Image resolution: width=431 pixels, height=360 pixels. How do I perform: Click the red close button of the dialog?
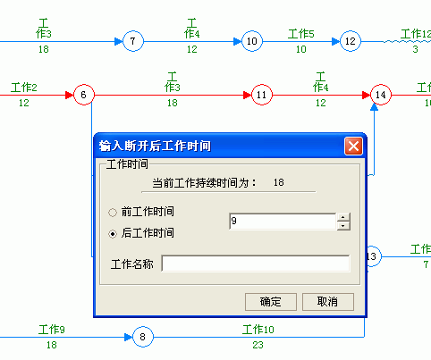[353, 146]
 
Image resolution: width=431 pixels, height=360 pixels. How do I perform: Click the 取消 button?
[328, 302]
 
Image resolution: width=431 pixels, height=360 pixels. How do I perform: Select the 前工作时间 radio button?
[113, 213]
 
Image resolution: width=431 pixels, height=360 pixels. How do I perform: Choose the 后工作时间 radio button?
[113, 234]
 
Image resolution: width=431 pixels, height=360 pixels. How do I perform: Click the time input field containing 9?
[283, 222]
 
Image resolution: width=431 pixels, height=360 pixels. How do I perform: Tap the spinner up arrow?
[343, 217]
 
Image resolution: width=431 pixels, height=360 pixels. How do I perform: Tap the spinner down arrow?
[343, 226]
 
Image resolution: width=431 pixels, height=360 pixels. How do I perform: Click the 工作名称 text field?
[256, 264]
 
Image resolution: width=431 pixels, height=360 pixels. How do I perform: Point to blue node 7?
[133, 41]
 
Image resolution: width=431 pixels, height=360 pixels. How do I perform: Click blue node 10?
[252, 41]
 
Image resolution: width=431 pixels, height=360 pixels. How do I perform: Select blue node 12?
[351, 41]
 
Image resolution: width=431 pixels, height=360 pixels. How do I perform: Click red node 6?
[84, 95]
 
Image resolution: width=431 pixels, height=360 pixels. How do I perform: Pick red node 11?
[261, 95]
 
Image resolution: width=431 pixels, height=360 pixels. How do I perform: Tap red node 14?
[381, 95]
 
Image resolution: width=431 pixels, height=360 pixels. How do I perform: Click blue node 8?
[143, 337]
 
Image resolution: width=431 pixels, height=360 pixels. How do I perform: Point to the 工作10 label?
[258, 330]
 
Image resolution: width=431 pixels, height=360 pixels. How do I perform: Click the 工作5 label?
[301, 34]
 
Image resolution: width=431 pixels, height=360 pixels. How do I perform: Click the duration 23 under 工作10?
[258, 345]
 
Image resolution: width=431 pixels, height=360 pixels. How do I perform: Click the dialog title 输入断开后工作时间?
[155, 146]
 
